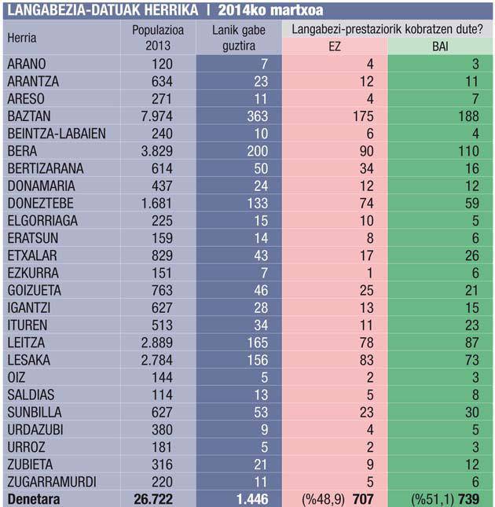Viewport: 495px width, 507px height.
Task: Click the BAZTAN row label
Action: point(29,116)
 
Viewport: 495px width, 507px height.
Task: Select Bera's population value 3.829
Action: point(156,151)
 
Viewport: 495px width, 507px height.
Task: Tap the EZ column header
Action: point(335,46)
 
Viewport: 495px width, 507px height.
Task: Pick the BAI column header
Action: point(440,46)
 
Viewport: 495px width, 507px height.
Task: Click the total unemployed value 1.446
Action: point(252,499)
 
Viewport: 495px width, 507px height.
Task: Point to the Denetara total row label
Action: point(34,499)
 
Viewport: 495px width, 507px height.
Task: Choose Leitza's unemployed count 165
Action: point(258,343)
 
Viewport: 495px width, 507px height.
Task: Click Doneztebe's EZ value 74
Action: point(367,204)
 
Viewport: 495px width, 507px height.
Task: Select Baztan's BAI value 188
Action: point(468,116)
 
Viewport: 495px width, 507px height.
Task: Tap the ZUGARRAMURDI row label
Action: point(52,482)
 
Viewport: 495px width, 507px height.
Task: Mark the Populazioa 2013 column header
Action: point(158,38)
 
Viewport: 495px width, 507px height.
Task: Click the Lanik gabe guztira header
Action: point(239,38)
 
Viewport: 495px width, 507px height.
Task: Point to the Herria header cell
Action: point(22,38)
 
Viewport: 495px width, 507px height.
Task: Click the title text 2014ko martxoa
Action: point(270,10)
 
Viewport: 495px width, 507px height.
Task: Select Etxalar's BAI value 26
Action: point(472,255)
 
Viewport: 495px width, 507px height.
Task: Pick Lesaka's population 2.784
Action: point(156,360)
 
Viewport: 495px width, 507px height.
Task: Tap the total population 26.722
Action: point(153,499)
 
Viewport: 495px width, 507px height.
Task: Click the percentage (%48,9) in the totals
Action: point(324,499)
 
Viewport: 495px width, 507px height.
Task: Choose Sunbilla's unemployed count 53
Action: point(261,412)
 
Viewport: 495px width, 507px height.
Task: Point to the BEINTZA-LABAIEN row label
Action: point(57,134)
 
